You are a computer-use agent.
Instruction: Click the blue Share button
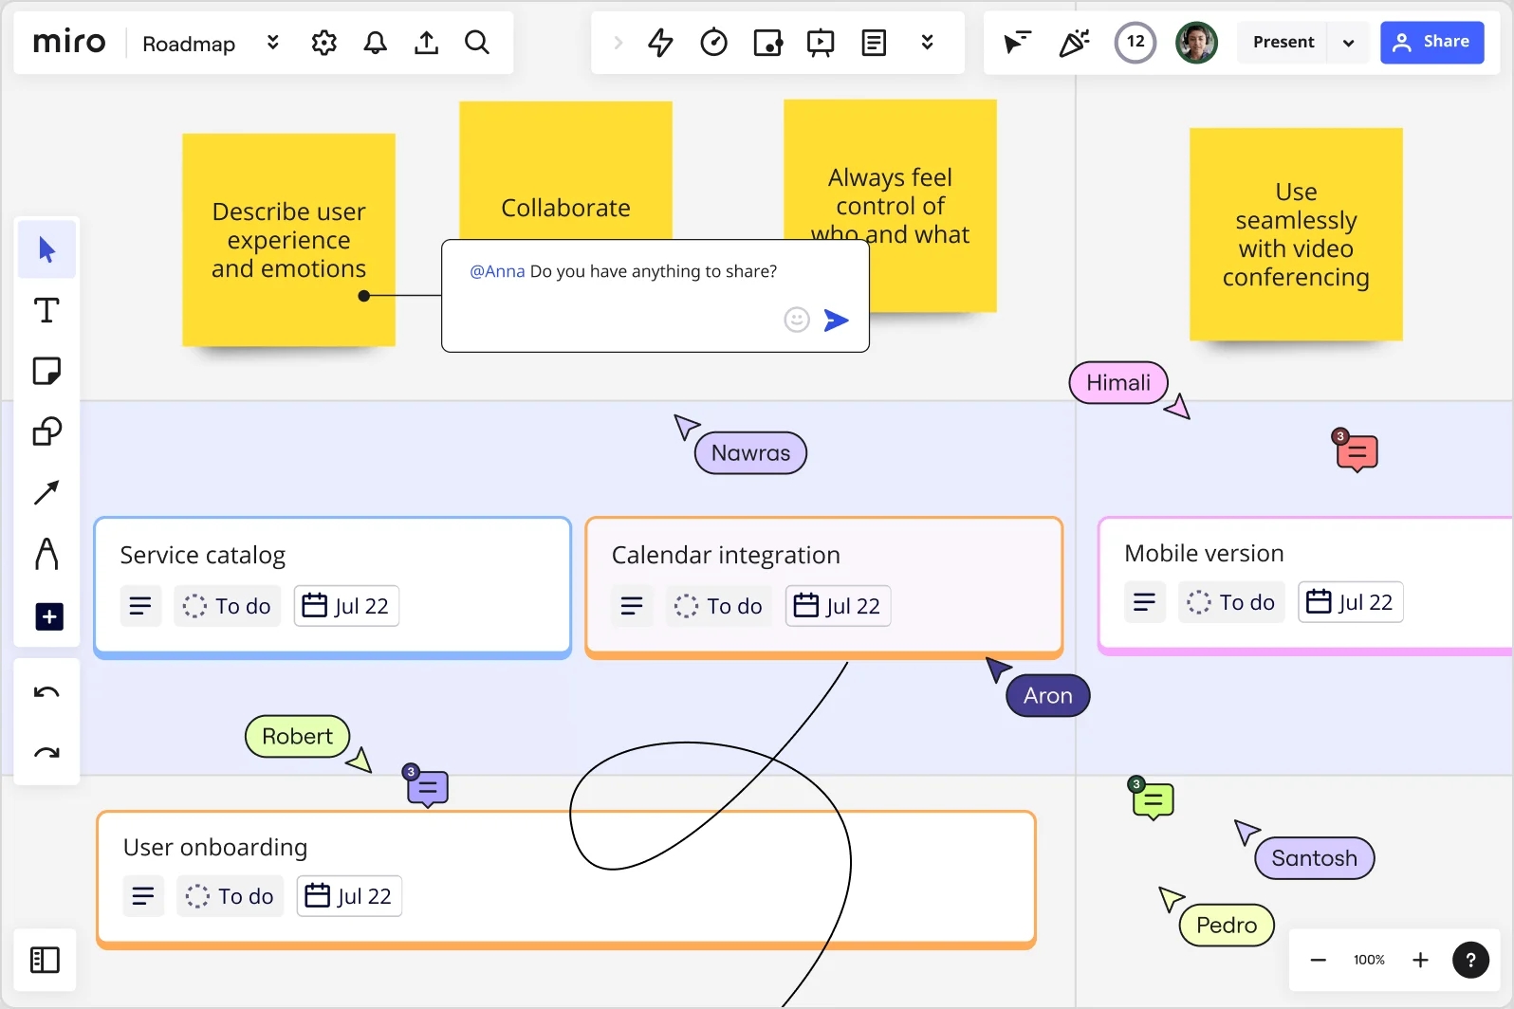coord(1431,42)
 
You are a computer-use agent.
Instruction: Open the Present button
coord(1283,42)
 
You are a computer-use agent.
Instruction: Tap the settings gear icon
coord(323,43)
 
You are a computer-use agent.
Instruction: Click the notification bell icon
coord(375,43)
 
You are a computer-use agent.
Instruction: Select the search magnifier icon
coord(477,43)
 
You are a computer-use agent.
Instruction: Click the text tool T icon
coord(46,310)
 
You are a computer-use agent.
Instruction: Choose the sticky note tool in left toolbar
coord(46,371)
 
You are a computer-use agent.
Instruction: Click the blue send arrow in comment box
coord(836,320)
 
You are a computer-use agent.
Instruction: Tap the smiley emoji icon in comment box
coord(797,319)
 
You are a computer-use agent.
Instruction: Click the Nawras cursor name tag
coord(750,452)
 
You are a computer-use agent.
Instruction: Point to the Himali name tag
coord(1117,382)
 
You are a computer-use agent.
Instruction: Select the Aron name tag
coord(1047,695)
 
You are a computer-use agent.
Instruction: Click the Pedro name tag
coord(1226,925)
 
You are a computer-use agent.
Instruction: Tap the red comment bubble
coord(1357,452)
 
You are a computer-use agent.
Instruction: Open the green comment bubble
coord(1153,801)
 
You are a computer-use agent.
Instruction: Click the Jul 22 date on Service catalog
coord(346,606)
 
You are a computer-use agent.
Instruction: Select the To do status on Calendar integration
coord(718,606)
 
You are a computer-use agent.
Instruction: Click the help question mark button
coord(1470,960)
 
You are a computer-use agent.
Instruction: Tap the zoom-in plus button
coord(1420,960)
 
